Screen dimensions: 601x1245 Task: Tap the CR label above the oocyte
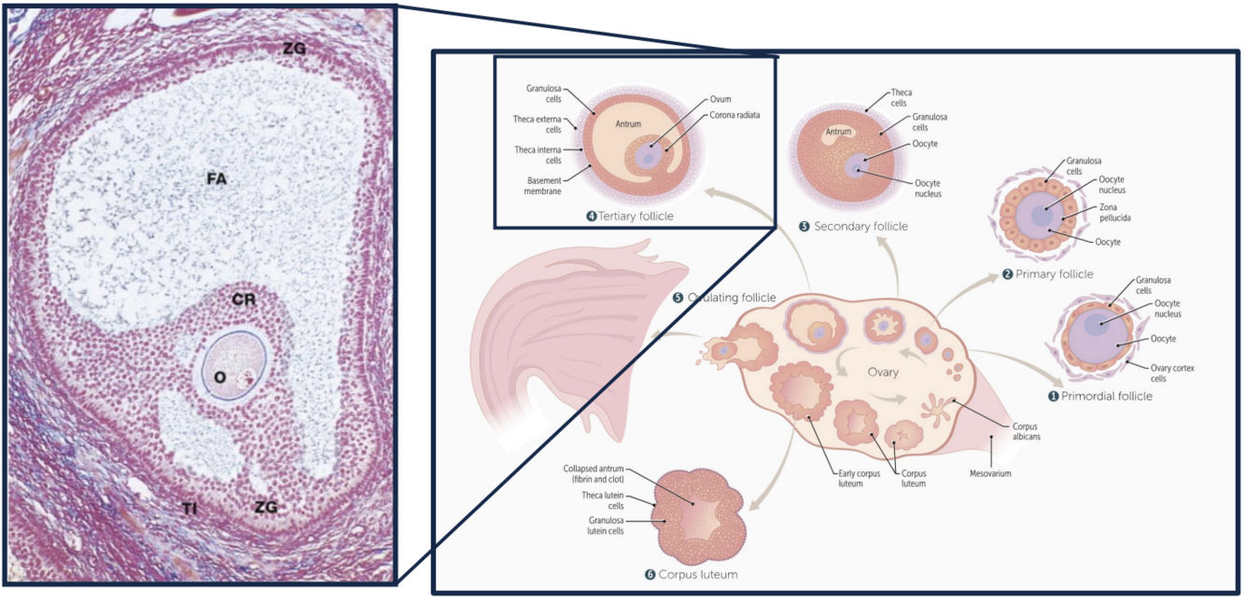[244, 300]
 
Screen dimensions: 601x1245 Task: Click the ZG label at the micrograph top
[294, 48]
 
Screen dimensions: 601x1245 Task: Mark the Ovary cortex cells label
[1173, 373]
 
